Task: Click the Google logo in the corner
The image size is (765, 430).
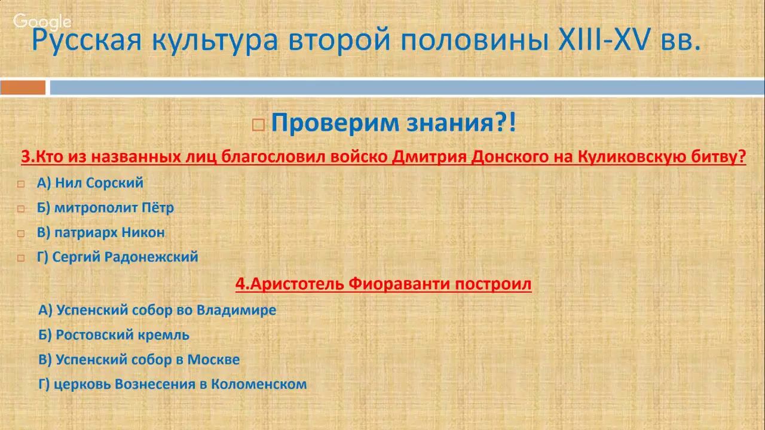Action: (42, 22)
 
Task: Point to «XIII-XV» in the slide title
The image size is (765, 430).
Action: (607, 41)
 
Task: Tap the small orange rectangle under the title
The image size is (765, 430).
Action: (23, 88)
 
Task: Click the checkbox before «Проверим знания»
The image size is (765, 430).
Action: (258, 125)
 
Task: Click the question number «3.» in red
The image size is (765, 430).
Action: (29, 157)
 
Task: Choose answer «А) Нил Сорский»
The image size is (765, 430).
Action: (90, 183)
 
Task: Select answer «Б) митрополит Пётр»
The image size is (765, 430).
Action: (105, 208)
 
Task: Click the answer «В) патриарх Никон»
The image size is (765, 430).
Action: (100, 232)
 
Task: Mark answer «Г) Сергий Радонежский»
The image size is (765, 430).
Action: (117, 257)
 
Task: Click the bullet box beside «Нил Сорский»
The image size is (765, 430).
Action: (21, 184)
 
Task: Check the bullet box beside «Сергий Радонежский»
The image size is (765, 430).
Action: (21, 258)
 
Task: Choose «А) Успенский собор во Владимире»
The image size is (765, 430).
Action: (157, 310)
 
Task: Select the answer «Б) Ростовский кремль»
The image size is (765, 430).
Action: (114, 335)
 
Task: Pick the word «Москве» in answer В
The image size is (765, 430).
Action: (213, 360)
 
